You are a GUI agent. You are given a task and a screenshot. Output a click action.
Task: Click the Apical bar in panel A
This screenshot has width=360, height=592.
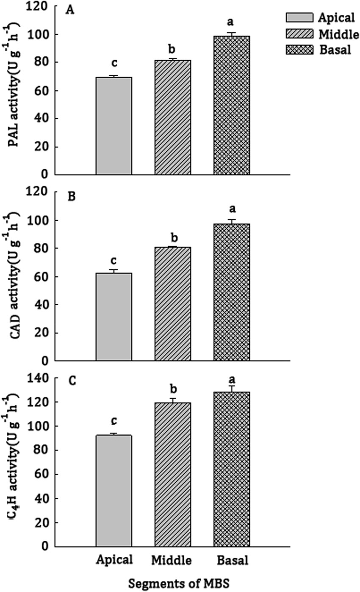click(114, 126)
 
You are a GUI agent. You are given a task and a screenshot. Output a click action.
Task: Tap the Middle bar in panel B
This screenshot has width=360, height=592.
click(173, 303)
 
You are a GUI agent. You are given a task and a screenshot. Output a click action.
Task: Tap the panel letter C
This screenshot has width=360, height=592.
click(72, 381)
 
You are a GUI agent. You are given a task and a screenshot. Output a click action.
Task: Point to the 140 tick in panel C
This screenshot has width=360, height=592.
click(43, 378)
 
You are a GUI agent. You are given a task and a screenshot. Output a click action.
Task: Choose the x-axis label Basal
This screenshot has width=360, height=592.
click(231, 560)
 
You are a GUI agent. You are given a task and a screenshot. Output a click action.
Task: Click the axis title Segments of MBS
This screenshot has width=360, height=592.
click(172, 584)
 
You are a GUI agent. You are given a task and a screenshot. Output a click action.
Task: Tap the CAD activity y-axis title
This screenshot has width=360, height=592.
click(16, 276)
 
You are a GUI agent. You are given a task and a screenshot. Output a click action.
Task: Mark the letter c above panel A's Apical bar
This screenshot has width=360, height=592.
click(114, 64)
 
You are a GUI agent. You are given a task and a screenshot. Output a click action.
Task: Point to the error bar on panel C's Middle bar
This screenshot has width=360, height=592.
click(173, 400)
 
